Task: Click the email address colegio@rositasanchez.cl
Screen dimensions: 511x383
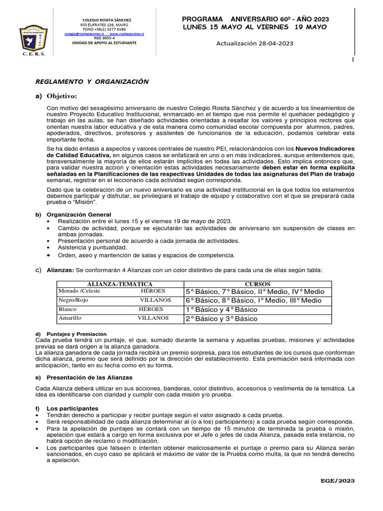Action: (x=84, y=33)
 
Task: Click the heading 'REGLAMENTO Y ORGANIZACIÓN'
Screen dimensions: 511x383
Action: (x=92, y=81)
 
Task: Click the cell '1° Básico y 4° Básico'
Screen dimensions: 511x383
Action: (x=221, y=309)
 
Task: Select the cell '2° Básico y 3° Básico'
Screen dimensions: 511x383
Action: (x=221, y=318)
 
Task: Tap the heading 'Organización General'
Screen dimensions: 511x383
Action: (x=79, y=214)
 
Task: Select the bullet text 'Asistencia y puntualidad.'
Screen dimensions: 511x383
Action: (x=93, y=248)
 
